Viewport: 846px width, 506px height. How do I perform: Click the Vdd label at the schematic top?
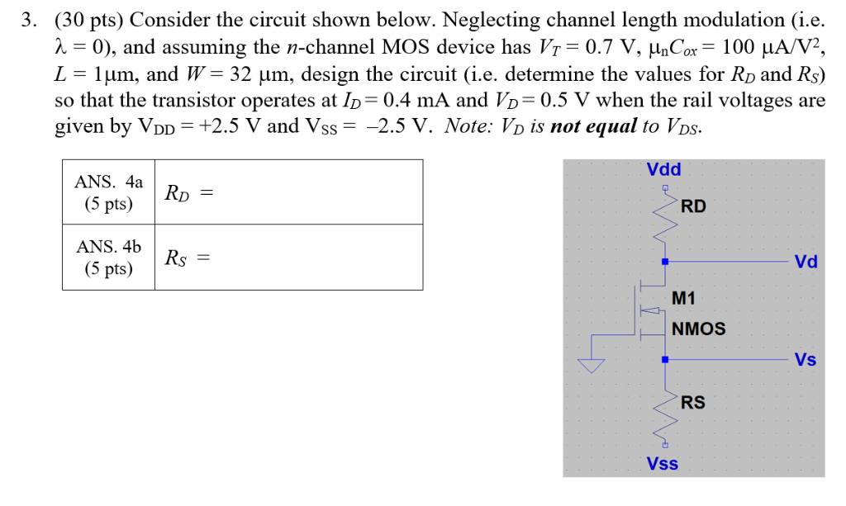[663, 170]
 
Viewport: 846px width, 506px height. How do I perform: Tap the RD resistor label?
[693, 206]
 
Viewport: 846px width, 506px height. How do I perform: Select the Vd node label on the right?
[806, 262]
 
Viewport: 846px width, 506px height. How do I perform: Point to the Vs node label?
[806, 360]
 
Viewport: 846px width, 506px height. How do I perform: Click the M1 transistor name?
[685, 298]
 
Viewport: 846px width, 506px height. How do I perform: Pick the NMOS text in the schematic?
[699, 329]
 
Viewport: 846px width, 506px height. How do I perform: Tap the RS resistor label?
[693, 403]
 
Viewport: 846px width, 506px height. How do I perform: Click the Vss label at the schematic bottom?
[663, 464]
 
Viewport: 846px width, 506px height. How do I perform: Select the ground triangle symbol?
[592, 365]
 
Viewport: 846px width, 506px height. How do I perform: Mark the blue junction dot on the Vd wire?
[666, 262]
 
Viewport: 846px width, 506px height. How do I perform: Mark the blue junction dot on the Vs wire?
[666, 360]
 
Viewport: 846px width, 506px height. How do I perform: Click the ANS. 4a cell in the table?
[108, 192]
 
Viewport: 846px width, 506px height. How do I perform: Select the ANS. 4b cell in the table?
[108, 258]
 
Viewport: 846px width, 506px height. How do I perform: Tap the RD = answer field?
[288, 192]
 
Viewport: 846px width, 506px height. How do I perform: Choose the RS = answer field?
[288, 258]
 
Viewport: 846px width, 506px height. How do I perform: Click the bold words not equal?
[592, 126]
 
